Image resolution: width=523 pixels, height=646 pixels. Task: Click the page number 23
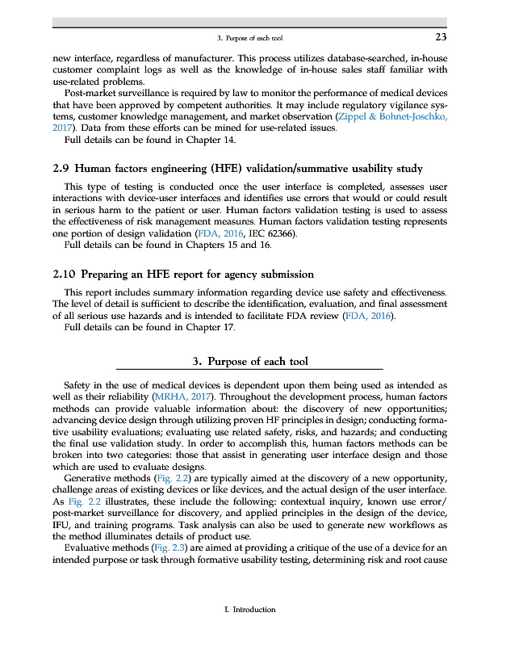coord(441,37)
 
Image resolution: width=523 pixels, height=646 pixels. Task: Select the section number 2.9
coord(63,169)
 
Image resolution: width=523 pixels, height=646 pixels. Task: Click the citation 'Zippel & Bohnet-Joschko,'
coord(391,116)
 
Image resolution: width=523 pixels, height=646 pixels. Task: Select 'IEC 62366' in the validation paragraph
coord(273,233)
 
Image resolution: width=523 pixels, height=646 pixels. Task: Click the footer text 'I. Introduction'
coord(249,610)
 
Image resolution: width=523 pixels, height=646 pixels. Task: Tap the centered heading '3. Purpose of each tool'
coord(250,361)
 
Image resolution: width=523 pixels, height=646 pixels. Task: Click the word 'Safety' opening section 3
coord(78,387)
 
